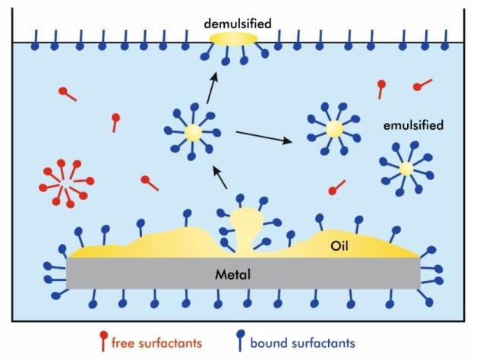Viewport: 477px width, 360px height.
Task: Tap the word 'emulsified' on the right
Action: pos(414,124)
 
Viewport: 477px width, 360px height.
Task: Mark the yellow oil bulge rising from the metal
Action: pos(245,228)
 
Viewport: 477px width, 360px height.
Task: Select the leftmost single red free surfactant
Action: pos(67,94)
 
